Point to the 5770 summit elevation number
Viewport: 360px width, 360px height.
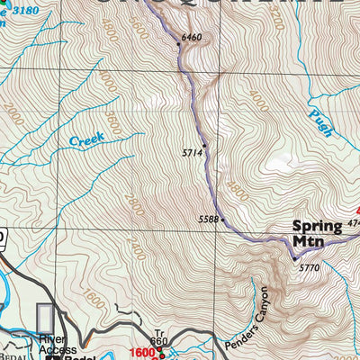point(309,267)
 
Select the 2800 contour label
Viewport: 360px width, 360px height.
point(134,202)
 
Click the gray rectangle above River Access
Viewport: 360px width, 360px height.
point(46,319)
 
